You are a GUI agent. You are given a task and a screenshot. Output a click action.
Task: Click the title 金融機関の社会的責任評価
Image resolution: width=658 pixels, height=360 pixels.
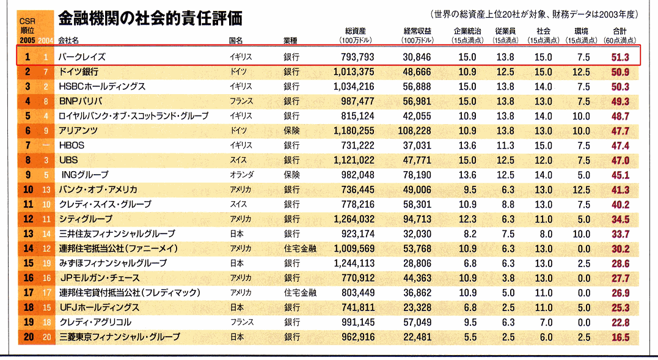pos(150,19)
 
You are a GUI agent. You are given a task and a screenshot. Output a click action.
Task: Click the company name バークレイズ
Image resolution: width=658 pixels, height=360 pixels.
pos(82,57)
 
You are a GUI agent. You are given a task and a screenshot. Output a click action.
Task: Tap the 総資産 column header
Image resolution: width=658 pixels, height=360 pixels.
pos(355,31)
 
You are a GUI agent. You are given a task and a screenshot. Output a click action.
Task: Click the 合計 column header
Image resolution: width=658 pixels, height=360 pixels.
pos(620,31)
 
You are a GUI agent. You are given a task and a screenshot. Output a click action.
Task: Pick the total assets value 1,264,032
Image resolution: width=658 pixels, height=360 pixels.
pos(354,219)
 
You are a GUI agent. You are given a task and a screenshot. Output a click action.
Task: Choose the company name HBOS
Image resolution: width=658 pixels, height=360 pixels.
pos(71,145)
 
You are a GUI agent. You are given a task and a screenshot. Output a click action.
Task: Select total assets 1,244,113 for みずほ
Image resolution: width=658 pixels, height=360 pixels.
pos(354,263)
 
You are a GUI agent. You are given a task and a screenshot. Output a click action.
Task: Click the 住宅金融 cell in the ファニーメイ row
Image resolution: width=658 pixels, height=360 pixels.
pos(300,248)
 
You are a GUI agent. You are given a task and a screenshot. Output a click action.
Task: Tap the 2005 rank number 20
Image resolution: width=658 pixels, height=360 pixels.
pos(27,337)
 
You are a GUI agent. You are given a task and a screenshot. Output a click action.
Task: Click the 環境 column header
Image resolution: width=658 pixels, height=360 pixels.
pos(582,31)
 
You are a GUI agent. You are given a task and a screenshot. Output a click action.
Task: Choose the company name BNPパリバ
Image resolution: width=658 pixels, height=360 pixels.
pos(80,101)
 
